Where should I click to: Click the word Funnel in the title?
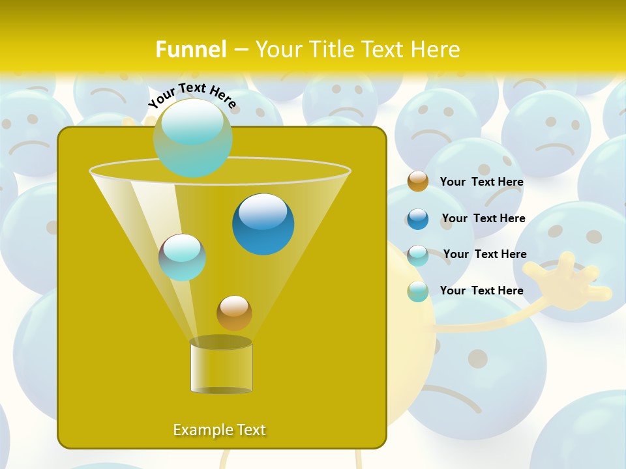(x=190, y=50)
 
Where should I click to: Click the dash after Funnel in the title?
(x=241, y=50)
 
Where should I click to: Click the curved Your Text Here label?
(x=192, y=94)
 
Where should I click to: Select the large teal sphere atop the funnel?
(x=193, y=137)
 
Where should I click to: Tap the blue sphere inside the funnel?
(x=263, y=224)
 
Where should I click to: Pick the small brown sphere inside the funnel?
(x=234, y=313)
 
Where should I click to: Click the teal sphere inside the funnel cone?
(x=183, y=257)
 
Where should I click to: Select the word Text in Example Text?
(x=250, y=430)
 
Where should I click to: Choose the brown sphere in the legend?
(x=418, y=182)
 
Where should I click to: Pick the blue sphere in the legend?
(x=418, y=218)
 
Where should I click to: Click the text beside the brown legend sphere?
(x=481, y=182)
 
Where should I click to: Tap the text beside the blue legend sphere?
(x=483, y=218)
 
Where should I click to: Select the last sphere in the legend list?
(x=418, y=291)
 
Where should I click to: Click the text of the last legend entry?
(x=481, y=291)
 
